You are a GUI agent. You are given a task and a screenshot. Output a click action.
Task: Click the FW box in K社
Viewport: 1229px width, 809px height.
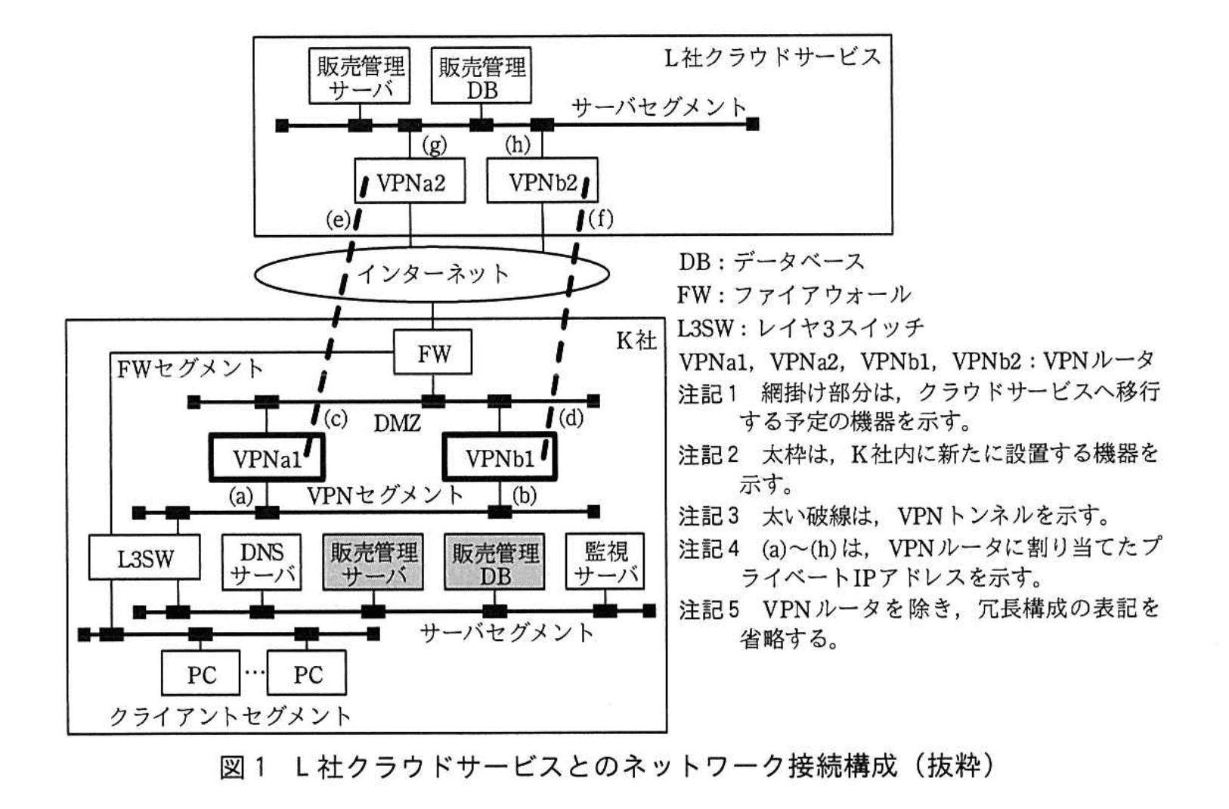point(432,352)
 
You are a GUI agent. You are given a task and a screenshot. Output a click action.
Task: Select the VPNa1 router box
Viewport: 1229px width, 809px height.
point(267,457)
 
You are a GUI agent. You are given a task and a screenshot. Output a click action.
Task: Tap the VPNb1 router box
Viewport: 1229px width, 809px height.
point(500,457)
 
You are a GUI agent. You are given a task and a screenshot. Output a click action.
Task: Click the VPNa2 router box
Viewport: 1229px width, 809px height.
point(410,181)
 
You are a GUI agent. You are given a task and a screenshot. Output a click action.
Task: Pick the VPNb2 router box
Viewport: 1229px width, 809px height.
point(542,181)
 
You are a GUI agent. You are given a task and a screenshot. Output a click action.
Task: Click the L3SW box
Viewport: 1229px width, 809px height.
point(144,559)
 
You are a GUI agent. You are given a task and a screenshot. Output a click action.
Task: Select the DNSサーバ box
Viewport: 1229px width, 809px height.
point(262,563)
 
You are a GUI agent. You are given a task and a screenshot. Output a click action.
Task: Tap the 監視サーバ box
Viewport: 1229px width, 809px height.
point(606,563)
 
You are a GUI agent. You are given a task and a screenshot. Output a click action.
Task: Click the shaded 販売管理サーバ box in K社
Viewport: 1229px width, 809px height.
point(373,563)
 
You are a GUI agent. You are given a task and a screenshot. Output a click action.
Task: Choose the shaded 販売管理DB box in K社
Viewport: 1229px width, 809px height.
point(495,563)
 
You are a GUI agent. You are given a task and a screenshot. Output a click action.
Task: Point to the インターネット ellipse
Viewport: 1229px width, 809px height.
point(432,274)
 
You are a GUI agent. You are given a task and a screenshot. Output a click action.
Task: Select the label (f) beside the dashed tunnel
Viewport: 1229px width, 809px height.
point(600,219)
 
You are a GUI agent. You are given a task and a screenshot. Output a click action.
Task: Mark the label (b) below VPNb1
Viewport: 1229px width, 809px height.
point(524,495)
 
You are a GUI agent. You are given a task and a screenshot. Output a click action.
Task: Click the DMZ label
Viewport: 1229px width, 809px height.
point(397,422)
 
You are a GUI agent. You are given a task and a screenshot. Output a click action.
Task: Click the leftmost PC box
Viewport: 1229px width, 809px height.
point(201,674)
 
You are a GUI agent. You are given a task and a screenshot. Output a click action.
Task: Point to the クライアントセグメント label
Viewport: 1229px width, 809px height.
point(231,715)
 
